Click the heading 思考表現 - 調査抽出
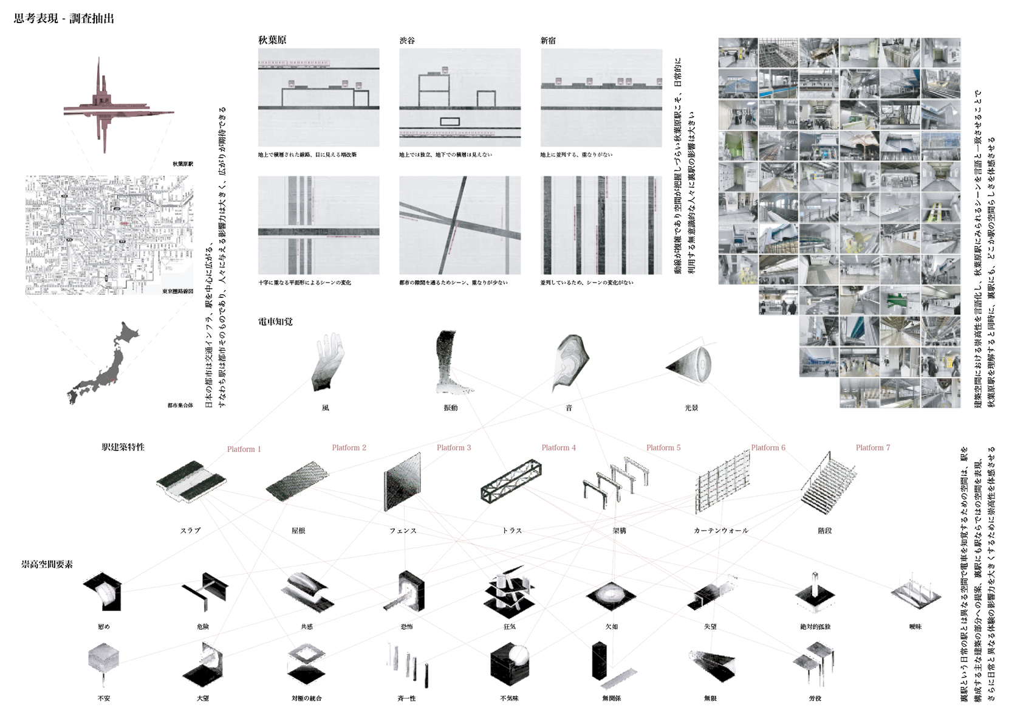click(x=64, y=19)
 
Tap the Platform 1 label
click(x=244, y=449)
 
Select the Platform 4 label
click(x=558, y=447)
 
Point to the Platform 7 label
click(x=872, y=447)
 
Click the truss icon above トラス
click(x=511, y=481)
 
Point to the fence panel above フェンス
click(x=403, y=483)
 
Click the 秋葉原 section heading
click(x=272, y=40)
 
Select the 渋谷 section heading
click(x=407, y=41)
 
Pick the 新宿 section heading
click(x=548, y=41)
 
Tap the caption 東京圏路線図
click(x=177, y=292)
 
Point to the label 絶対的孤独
click(x=815, y=626)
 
